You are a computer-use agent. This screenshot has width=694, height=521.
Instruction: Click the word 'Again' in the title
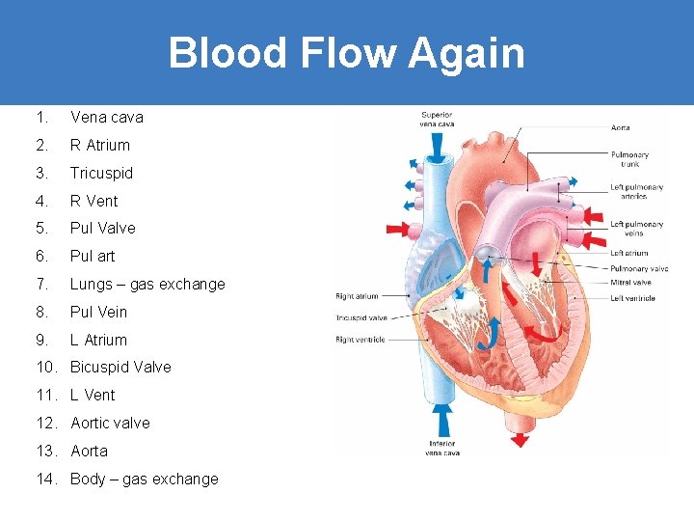coord(467,53)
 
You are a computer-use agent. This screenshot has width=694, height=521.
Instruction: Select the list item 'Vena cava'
coord(106,118)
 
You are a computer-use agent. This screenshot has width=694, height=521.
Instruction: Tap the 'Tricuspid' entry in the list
coord(101,174)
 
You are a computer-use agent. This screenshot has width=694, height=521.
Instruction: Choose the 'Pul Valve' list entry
coord(102,229)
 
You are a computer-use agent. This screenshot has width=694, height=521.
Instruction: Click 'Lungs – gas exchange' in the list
coord(147,285)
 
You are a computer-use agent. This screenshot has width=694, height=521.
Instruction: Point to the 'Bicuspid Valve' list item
coord(120,368)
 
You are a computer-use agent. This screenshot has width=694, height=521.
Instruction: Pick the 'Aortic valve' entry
coord(110,424)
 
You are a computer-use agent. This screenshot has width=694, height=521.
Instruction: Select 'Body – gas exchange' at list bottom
coord(144,480)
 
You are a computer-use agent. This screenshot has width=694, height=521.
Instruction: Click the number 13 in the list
coord(42,452)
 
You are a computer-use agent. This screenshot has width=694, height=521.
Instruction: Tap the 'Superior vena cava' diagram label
coord(437,119)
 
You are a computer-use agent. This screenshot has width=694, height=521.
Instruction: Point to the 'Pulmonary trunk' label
coord(629,158)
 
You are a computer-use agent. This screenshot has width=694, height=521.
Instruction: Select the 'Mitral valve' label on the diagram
coord(630,283)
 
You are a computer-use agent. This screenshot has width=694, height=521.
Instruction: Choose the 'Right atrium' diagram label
coord(357,296)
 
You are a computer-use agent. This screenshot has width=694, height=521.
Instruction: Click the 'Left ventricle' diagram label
coord(632,298)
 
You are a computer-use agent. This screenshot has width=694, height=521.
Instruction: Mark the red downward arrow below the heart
coord(520,439)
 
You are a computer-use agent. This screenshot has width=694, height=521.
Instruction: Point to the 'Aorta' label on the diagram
coord(621,127)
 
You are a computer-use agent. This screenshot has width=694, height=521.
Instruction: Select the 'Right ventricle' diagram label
coord(360,340)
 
